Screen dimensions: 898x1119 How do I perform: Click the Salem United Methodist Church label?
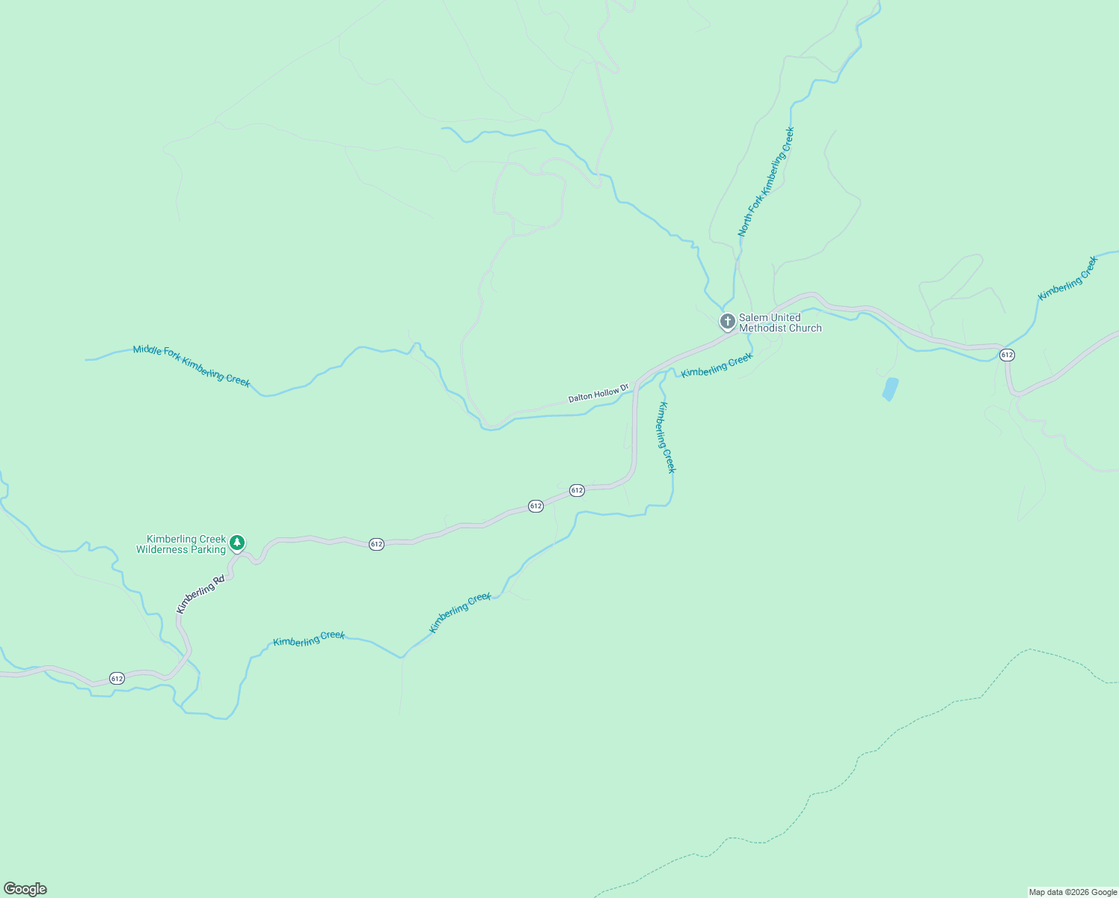780,323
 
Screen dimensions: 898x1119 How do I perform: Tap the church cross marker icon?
726,322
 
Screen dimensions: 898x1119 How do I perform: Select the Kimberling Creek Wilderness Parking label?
181,544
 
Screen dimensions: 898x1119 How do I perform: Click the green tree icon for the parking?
237,542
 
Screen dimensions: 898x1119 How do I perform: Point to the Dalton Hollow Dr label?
598,393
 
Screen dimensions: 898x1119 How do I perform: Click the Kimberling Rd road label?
200,594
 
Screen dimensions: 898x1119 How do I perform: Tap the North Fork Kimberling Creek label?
766,182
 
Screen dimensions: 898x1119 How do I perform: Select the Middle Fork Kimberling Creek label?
191,365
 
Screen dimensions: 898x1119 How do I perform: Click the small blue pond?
889,389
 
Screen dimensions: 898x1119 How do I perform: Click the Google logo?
25,889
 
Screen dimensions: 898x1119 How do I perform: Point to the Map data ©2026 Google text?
1073,892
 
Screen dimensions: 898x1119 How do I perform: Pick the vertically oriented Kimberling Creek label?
666,438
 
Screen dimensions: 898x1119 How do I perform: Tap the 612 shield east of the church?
1007,355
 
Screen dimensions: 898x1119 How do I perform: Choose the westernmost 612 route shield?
117,678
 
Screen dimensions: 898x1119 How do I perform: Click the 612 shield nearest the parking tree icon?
376,544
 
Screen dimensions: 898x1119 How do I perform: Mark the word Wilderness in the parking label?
160,549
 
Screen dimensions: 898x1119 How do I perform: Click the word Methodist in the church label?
762,328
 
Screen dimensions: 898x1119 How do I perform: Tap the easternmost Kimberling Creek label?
1068,278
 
